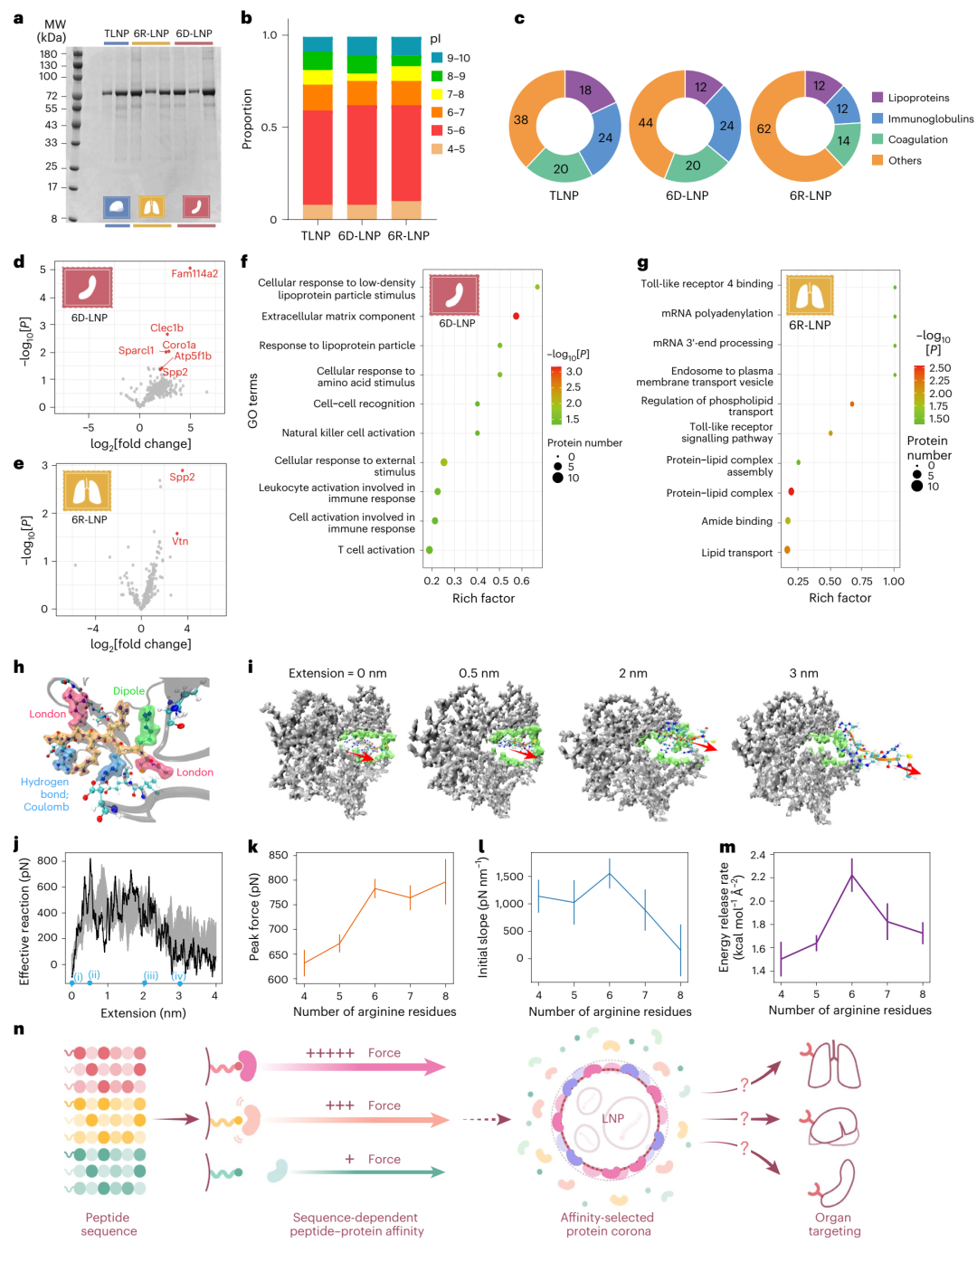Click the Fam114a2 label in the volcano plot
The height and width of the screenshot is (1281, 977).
(x=194, y=273)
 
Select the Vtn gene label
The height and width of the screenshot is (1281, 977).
(x=180, y=541)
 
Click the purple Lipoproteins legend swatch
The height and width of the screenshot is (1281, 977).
(x=877, y=98)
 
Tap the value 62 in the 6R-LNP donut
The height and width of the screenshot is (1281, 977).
(x=764, y=128)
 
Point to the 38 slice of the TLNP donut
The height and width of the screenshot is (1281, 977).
(x=521, y=119)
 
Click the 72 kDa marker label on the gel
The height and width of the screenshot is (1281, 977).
(x=52, y=95)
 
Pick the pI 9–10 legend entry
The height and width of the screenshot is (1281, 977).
(x=451, y=58)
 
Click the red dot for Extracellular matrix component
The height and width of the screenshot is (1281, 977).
(x=516, y=316)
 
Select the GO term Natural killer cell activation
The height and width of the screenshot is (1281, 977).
(x=348, y=432)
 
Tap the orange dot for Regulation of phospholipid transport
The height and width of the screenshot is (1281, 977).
(x=852, y=404)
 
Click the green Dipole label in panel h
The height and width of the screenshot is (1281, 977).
(x=128, y=690)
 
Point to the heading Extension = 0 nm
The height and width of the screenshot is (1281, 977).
(x=337, y=673)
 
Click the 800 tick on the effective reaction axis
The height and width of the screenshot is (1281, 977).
(x=48, y=860)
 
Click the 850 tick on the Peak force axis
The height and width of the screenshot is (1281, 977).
(x=278, y=855)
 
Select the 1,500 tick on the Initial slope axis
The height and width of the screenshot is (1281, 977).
(x=509, y=877)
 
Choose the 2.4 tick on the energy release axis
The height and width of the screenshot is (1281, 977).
(x=758, y=855)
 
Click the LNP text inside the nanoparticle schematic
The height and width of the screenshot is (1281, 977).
(x=613, y=1118)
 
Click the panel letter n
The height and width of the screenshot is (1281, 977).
(x=19, y=1030)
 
